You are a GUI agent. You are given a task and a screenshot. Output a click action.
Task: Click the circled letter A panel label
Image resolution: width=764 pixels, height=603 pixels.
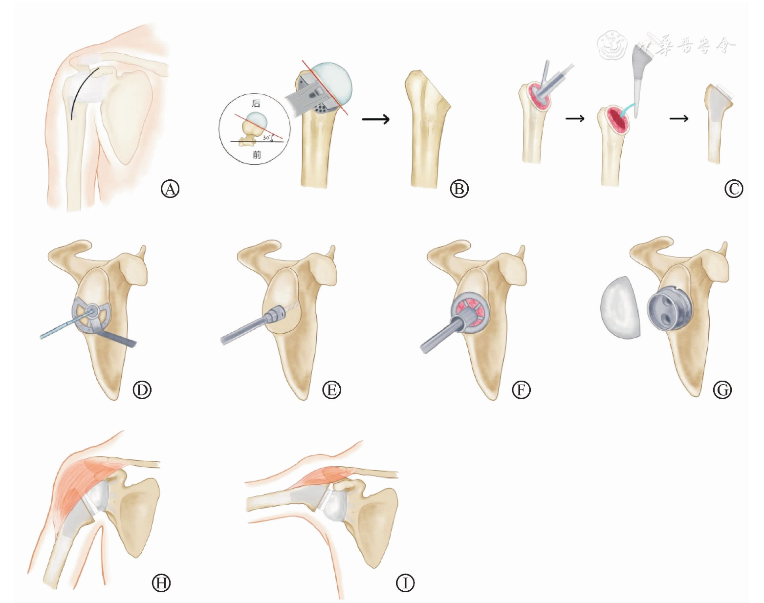click(170, 189)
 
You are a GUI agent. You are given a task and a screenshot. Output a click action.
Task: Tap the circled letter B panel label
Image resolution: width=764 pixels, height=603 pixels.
click(459, 189)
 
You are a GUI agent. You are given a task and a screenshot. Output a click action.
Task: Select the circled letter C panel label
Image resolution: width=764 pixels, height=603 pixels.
click(733, 189)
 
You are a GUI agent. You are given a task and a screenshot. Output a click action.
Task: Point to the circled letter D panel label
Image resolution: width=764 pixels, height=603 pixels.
click(142, 390)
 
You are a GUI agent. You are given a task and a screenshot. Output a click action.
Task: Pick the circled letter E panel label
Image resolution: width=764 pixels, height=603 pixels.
click(331, 390)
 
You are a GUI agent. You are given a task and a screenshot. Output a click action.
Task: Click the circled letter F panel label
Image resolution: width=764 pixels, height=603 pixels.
click(521, 390)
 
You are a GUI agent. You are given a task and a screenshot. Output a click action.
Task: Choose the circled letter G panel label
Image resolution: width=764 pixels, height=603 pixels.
click(722, 390)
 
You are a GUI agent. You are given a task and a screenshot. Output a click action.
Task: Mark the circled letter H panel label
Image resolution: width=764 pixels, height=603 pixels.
click(161, 583)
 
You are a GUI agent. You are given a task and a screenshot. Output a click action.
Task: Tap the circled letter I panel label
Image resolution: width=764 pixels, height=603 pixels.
click(405, 583)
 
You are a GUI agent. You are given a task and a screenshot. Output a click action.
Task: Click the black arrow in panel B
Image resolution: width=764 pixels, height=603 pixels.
click(375, 119)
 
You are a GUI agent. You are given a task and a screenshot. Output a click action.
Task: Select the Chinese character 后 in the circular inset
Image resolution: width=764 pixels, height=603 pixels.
click(256, 104)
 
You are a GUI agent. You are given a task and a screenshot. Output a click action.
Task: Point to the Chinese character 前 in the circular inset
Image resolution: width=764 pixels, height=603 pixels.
click(257, 155)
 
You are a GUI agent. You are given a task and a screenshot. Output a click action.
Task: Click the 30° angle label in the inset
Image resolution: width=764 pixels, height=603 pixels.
click(267, 138)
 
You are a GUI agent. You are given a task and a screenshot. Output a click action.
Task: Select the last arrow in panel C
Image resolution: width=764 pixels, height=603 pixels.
click(679, 118)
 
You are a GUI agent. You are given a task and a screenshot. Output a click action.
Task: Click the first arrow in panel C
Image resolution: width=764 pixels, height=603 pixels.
click(575, 118)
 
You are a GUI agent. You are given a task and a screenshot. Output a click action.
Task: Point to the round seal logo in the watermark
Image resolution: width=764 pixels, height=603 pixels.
click(612, 45)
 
